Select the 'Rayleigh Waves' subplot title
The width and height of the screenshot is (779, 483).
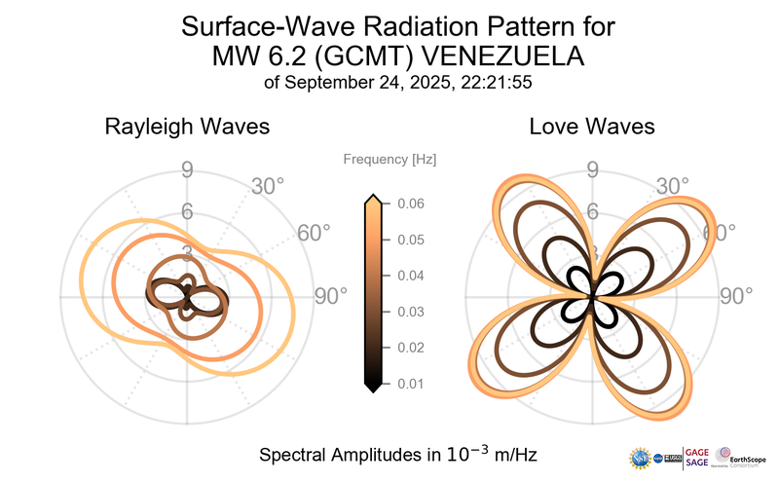click(x=187, y=127)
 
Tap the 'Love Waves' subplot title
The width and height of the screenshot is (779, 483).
click(x=591, y=127)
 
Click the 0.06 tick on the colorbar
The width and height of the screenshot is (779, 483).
click(x=410, y=204)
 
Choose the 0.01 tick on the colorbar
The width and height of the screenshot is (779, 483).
click(x=410, y=384)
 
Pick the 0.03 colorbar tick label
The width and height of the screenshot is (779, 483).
click(x=410, y=312)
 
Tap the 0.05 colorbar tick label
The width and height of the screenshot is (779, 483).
click(x=410, y=240)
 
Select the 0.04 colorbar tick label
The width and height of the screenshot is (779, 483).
click(x=410, y=276)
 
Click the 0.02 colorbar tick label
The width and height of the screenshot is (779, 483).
click(x=410, y=348)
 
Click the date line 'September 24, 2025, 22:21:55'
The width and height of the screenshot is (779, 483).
click(x=397, y=83)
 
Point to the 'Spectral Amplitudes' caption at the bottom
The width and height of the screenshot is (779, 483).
click(x=397, y=455)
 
